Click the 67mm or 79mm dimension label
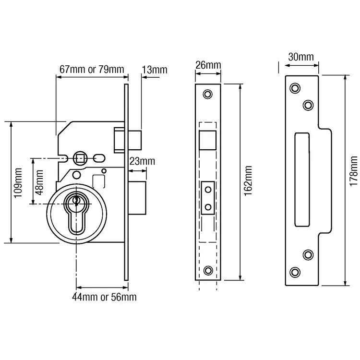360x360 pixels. (x=91, y=69)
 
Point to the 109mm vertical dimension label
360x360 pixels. (x=18, y=182)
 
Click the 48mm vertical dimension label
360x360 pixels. (x=39, y=181)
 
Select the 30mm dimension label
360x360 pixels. (x=300, y=57)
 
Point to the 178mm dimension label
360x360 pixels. (x=354, y=170)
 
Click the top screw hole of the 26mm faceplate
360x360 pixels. (x=208, y=94)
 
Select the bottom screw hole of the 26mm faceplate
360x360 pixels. (x=208, y=271)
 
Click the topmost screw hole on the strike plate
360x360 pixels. (x=294, y=88)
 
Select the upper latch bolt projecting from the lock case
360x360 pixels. (x=127, y=138)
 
